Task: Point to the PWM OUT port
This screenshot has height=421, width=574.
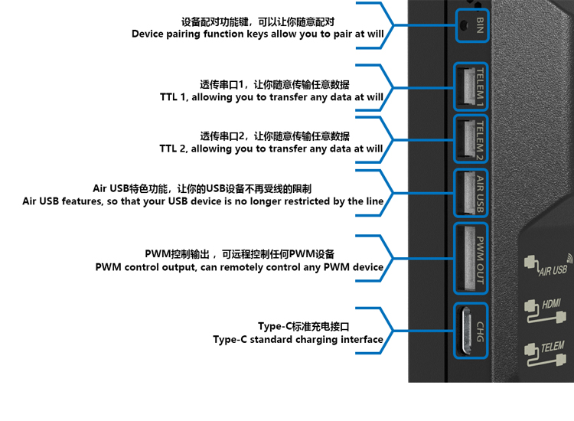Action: tap(465, 256)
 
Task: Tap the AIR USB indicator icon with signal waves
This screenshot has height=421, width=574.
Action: tap(546, 265)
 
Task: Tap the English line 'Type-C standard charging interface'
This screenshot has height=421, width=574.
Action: tap(298, 340)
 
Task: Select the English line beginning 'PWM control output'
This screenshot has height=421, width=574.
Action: tap(239, 267)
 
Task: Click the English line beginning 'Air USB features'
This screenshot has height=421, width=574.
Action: tap(203, 201)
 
